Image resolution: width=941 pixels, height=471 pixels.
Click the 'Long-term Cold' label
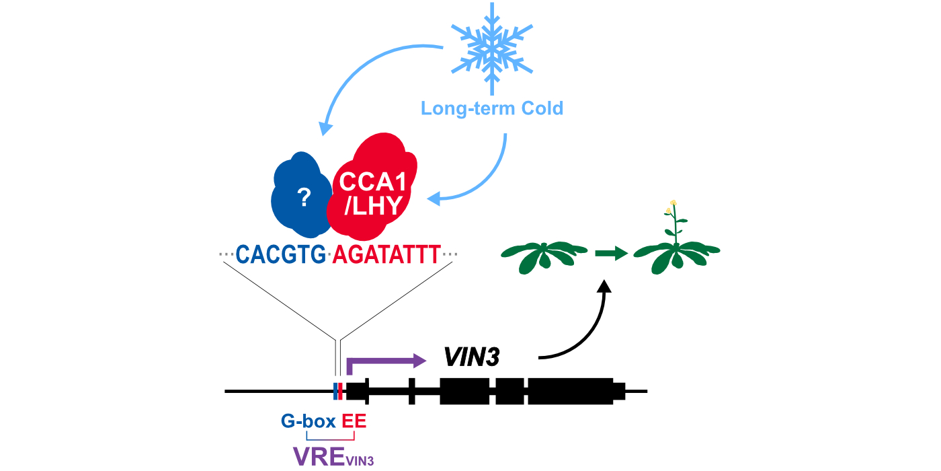pyautogui.click(x=492, y=108)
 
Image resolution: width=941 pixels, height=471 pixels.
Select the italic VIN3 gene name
pyautogui.click(x=471, y=357)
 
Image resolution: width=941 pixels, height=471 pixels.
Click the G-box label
pyautogui.click(x=309, y=422)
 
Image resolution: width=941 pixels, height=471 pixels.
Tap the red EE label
pyautogui.click(x=354, y=422)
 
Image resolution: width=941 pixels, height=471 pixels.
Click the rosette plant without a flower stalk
pyautogui.click(x=544, y=256)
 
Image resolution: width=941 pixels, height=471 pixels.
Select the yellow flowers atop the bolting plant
pyautogui.click(x=671, y=206)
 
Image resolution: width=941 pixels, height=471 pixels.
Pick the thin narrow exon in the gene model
pyautogui.click(x=412, y=391)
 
